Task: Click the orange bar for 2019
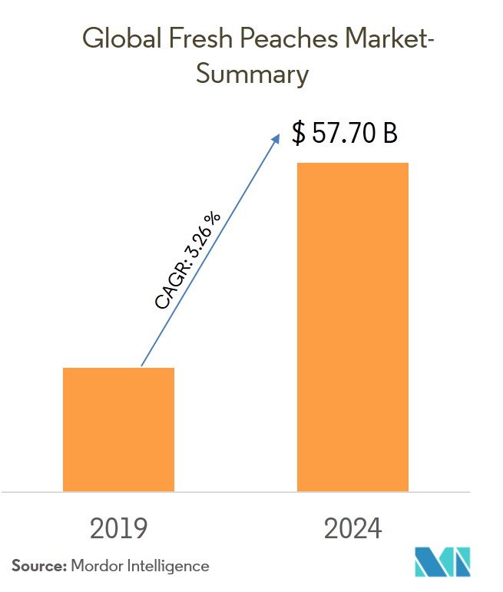point(118,429)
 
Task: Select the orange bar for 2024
point(352,326)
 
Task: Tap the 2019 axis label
point(118,529)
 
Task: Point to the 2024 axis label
point(352,529)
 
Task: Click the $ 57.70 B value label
point(345,134)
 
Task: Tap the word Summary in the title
point(251,74)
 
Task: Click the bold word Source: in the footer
point(38,566)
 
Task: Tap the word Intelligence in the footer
point(170,566)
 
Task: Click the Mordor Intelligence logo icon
point(443,563)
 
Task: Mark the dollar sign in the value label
point(298,134)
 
